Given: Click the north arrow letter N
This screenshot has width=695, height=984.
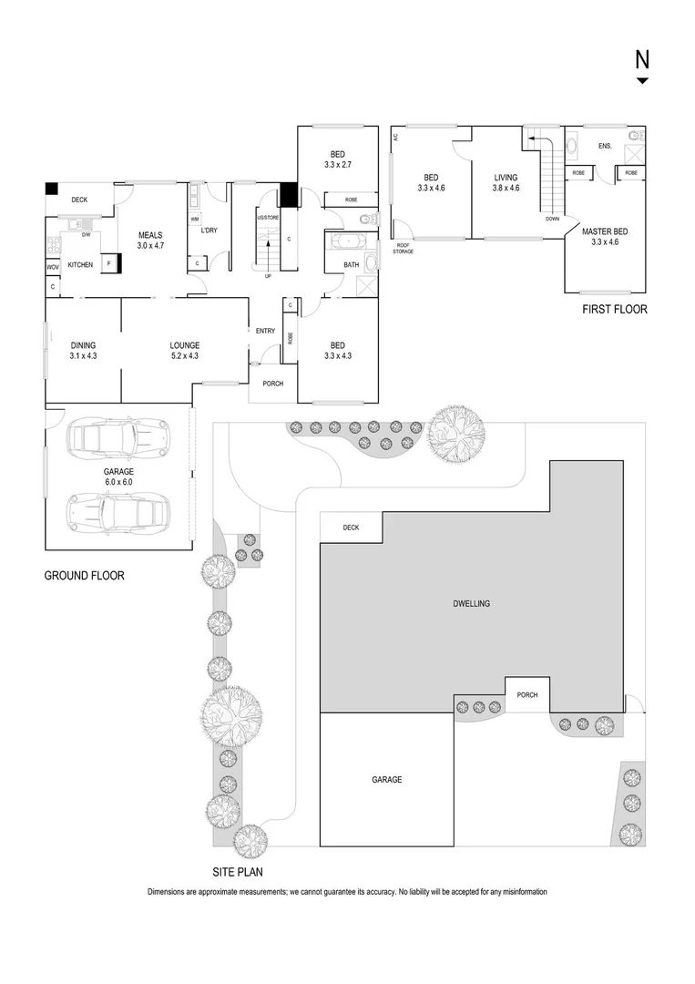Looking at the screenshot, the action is click(x=642, y=60).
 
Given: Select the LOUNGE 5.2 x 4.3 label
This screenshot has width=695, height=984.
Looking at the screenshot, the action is click(x=184, y=350).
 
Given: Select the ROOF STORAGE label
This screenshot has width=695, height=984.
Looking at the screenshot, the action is click(x=404, y=248).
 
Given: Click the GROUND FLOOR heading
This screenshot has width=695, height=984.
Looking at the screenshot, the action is click(x=84, y=576).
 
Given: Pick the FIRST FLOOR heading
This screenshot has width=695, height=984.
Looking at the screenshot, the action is click(x=614, y=310).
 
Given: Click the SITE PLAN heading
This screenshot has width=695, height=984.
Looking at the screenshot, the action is click(x=238, y=872).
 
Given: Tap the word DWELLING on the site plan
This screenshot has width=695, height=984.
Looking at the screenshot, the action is click(x=472, y=604).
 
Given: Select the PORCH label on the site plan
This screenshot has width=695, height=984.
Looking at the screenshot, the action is click(x=526, y=695).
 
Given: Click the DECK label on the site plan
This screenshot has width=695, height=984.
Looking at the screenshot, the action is click(x=351, y=528).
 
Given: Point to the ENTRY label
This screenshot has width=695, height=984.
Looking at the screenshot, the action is click(x=265, y=331).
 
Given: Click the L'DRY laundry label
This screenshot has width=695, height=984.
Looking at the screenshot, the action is click(x=209, y=231).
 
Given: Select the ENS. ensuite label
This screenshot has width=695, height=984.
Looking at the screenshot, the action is click(x=605, y=146).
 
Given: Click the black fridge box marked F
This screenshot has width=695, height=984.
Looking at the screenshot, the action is click(x=110, y=263).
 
